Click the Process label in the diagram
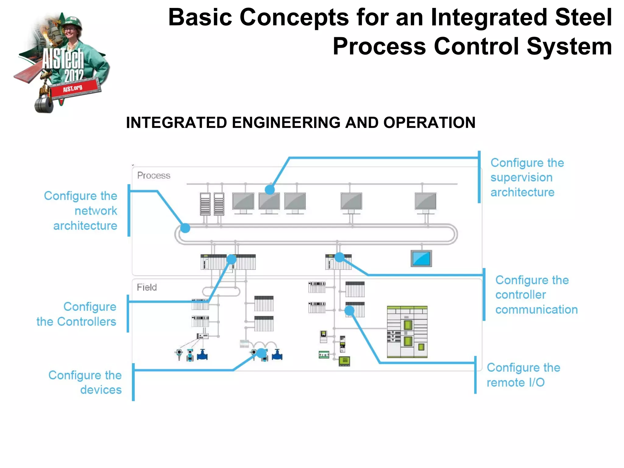154,175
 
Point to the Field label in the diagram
147,287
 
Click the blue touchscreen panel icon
421,258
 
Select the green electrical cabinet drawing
407,332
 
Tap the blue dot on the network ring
185,228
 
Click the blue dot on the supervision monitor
270,190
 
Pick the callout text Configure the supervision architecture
527,177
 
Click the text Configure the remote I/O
523,375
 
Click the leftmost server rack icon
205,204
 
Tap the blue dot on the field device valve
261,353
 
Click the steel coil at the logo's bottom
44,105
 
